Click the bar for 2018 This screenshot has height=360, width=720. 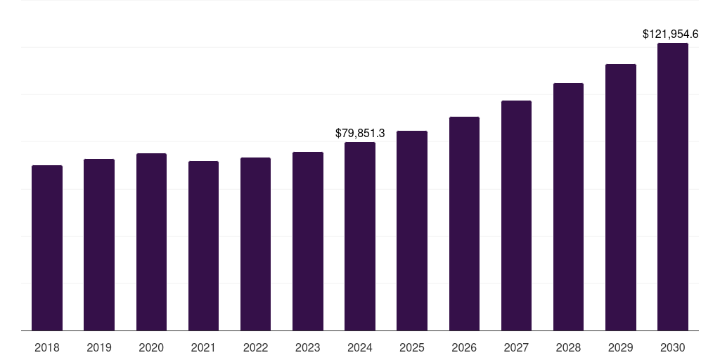point(47,247)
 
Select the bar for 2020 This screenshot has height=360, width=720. point(151,242)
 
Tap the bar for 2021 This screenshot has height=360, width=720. point(203,245)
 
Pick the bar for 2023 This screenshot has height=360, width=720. point(308,241)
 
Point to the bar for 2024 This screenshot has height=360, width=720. point(360,236)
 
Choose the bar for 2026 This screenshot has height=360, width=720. point(464,224)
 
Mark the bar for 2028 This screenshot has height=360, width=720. point(568,207)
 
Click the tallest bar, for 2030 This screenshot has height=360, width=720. point(673,186)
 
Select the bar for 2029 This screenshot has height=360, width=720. point(621,197)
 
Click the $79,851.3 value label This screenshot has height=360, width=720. point(360,133)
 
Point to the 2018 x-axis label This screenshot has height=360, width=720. point(47,347)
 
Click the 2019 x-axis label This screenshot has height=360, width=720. point(99,347)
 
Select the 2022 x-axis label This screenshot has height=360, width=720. point(255,347)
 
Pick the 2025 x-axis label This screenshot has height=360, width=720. point(412,347)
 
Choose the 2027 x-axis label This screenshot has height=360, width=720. point(516,347)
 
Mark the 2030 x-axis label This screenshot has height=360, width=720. point(673,347)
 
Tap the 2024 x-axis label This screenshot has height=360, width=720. point(360,347)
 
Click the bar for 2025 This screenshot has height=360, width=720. point(412,231)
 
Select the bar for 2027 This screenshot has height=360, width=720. point(516,215)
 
